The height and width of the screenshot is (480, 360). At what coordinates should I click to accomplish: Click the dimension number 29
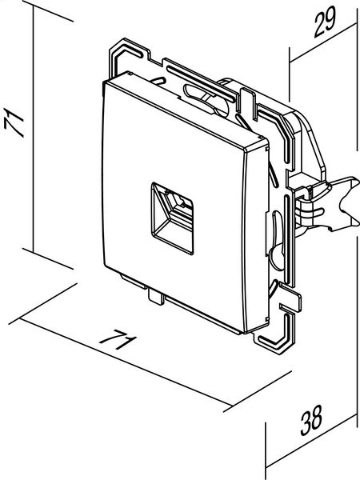[325, 22]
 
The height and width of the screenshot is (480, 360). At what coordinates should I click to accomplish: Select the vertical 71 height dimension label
[14, 122]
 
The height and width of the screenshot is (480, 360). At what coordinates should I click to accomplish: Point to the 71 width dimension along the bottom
[118, 339]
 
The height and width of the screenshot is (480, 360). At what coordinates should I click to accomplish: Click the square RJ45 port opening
[172, 218]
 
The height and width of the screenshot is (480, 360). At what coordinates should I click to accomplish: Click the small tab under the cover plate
[156, 296]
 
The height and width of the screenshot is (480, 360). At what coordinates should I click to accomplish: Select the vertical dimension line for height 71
[33, 130]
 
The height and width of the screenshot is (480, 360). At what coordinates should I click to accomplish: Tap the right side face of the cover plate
[257, 236]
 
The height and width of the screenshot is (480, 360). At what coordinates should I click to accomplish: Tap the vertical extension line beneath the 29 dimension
[290, 74]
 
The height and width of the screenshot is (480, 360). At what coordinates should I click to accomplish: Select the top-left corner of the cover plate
[104, 82]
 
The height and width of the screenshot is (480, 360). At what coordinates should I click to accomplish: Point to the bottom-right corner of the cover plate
[244, 333]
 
